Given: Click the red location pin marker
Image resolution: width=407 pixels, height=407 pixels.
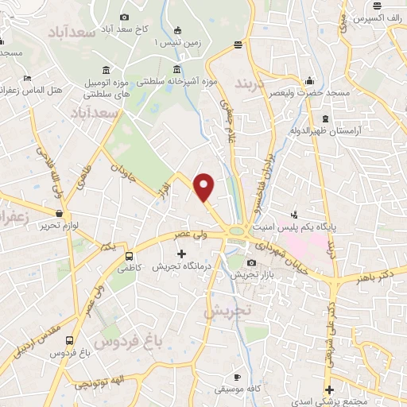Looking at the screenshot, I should pos(205,186).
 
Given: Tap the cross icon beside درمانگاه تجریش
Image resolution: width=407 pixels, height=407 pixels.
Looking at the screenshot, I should pos(182,254).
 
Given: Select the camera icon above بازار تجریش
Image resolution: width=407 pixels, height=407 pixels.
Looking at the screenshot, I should pos(252,262).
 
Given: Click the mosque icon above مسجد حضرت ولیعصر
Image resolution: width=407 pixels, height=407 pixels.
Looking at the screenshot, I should pos(310,81).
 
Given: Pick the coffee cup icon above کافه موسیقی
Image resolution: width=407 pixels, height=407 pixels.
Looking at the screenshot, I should pos(237,376).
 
